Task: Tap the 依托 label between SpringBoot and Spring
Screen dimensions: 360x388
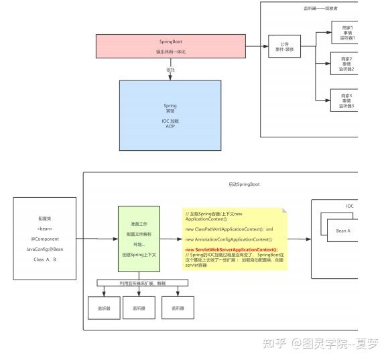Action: click(x=170, y=69)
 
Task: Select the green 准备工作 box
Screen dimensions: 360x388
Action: click(x=139, y=238)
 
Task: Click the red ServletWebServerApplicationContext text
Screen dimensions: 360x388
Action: click(x=231, y=249)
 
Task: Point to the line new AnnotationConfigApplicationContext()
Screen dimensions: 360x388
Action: click(x=229, y=239)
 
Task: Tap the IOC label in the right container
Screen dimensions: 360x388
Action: click(x=349, y=206)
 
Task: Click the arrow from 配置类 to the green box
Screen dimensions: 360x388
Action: click(x=97, y=238)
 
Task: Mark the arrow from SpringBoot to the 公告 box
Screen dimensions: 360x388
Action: click(x=257, y=46)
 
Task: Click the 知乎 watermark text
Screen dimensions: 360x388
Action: click(x=275, y=343)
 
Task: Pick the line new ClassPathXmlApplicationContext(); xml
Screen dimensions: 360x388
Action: click(x=229, y=229)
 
